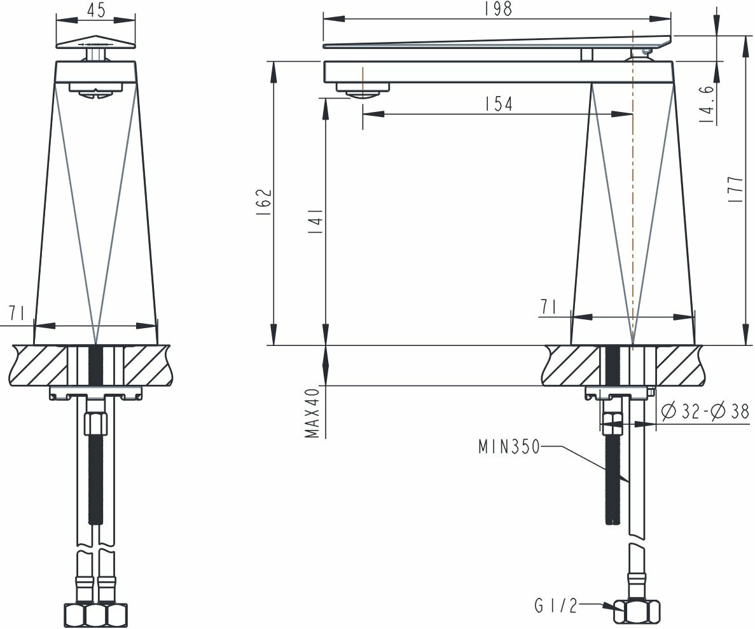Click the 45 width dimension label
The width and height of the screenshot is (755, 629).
(97, 10)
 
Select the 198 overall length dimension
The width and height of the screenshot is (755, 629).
(499, 9)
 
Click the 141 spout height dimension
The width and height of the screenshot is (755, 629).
(315, 221)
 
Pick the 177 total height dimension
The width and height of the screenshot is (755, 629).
(736, 189)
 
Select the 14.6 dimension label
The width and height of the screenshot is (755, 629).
(707, 104)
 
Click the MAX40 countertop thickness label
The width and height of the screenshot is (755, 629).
(312, 413)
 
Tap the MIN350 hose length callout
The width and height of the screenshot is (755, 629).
(509, 447)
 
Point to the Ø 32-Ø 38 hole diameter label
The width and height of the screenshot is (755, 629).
(705, 411)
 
